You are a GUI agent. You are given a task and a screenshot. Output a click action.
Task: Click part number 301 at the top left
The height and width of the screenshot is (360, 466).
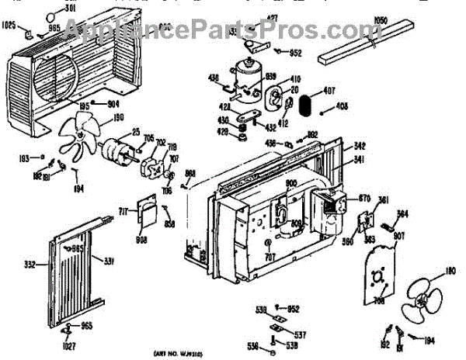71,9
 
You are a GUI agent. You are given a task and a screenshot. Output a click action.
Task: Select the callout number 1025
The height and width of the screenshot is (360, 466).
10,25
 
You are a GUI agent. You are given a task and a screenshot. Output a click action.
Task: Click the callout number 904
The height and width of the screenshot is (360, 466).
114,104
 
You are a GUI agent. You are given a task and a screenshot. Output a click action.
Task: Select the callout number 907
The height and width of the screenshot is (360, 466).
398,237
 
